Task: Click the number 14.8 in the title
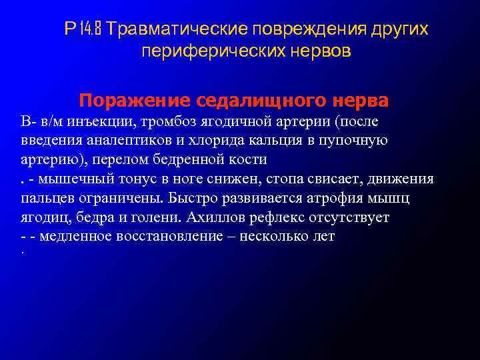pos(91,29)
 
